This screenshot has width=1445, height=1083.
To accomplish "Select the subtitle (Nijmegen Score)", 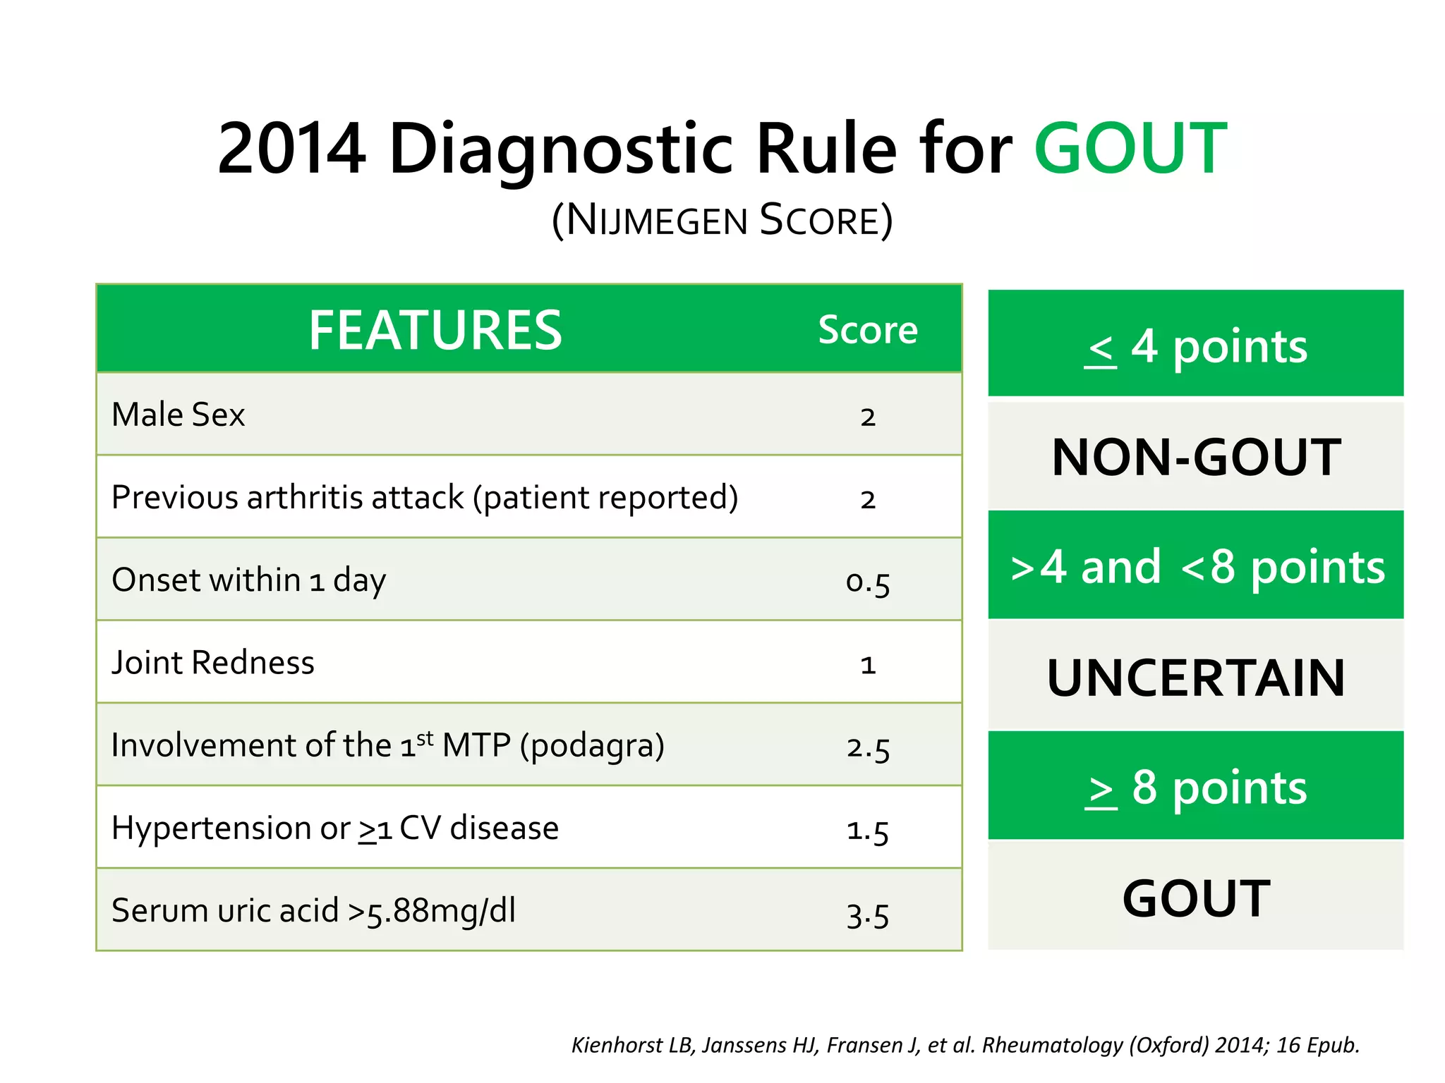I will coord(722,220).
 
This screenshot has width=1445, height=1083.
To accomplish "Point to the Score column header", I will coord(868,330).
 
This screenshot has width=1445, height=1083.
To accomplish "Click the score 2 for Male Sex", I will coord(868,416).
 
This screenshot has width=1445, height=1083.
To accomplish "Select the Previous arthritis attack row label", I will coord(425,498).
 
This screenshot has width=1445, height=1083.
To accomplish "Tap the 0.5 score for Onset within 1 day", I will coord(868,582).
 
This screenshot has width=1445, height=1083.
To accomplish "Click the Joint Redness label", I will coord(213,663).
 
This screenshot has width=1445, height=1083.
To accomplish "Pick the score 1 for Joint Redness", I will coord(868,664).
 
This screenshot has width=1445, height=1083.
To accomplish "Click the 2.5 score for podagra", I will coord(868,747).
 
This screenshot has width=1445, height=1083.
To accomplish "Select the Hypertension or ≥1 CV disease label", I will coord(335,828).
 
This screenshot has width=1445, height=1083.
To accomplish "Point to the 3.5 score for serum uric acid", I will coord(868,914).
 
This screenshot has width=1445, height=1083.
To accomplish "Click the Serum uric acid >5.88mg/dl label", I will coord(314,911).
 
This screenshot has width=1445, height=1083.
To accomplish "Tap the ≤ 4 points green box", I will coord(1195,345).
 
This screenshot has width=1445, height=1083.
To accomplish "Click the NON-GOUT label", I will coord(1195,457).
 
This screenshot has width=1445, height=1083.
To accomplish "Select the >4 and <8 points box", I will coord(1195,566).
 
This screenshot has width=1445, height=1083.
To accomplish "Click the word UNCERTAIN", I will coord(1195,678).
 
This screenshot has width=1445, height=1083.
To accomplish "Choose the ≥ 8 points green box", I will coord(1195,787).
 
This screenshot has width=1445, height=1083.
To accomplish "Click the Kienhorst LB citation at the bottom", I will coord(965,1045).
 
